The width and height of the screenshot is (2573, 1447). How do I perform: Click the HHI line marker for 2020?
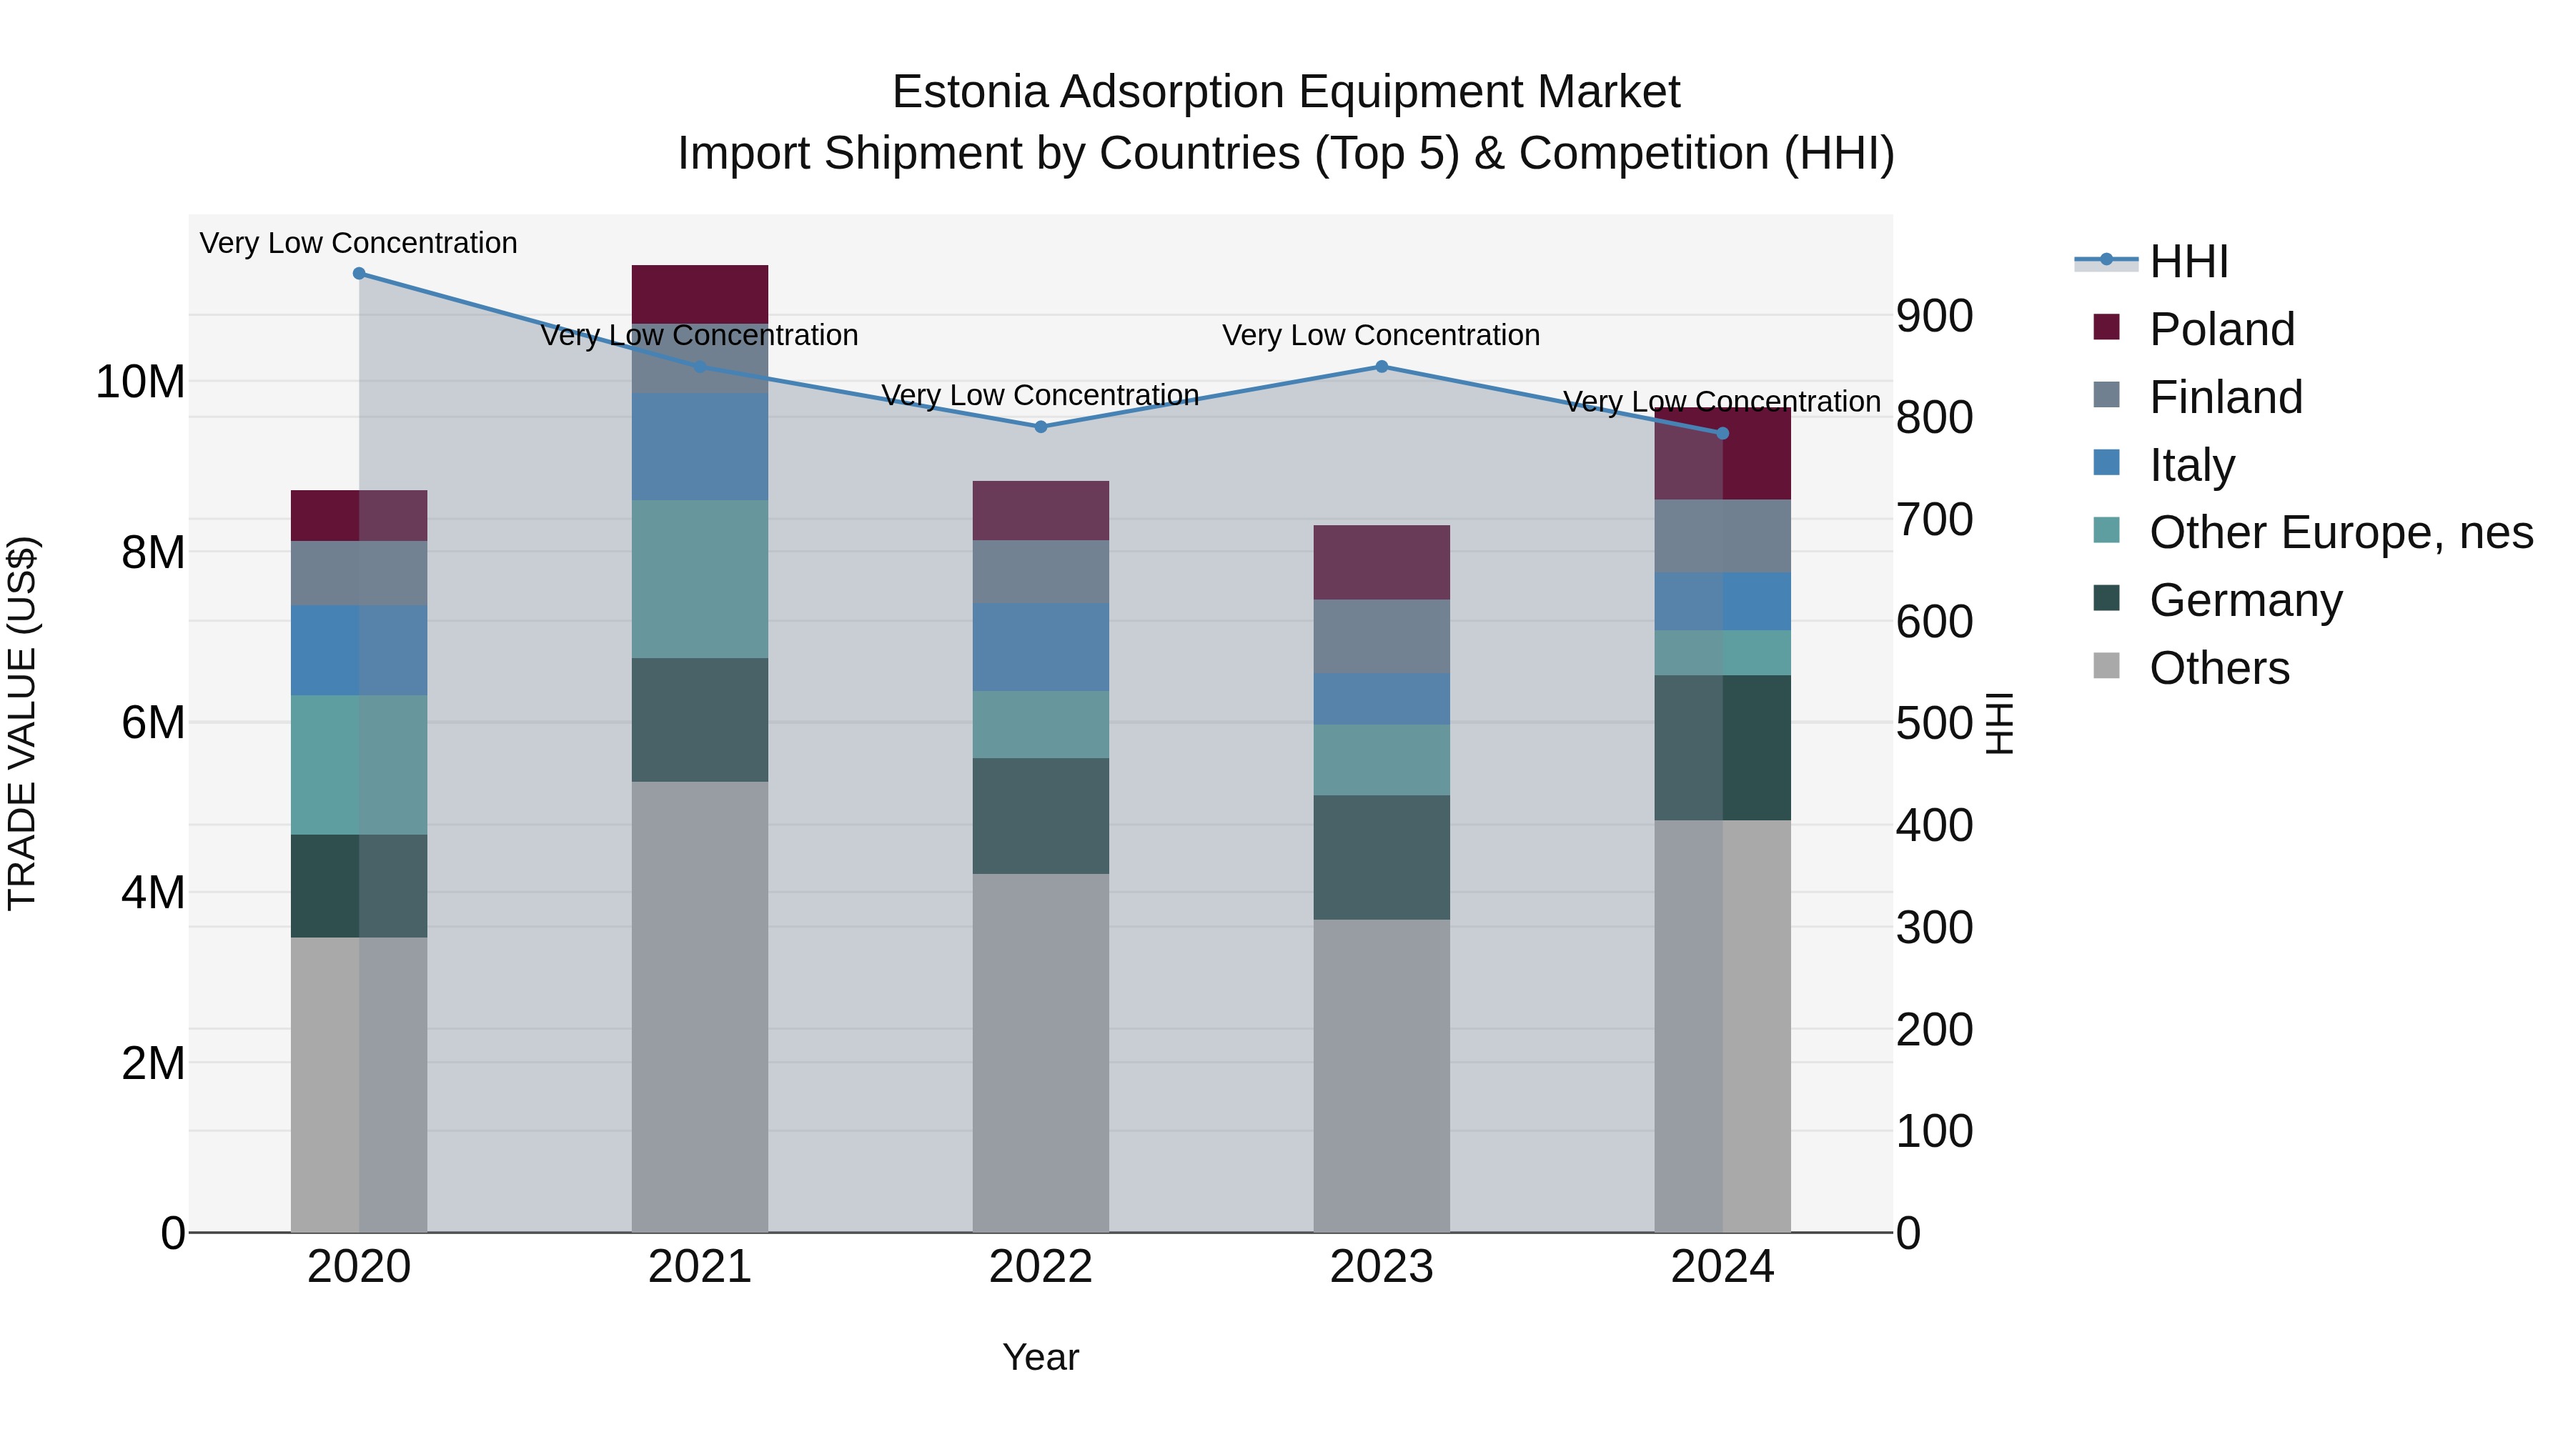tap(359, 274)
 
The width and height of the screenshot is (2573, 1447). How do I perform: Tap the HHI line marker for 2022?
tap(1041, 427)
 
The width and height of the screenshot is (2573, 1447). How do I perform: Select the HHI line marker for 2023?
tap(1382, 367)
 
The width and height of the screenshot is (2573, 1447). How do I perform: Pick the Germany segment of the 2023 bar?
tap(1382, 857)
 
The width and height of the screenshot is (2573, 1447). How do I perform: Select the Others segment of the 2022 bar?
tap(1041, 1053)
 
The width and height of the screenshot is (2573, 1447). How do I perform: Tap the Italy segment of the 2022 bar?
tap(1041, 647)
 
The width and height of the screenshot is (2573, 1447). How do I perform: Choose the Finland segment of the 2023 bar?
tap(1382, 636)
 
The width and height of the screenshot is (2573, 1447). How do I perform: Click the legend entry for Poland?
tap(2221, 329)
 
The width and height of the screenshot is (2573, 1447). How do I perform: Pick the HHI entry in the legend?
tap(2188, 262)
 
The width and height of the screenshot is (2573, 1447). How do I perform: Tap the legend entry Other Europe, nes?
tap(2340, 532)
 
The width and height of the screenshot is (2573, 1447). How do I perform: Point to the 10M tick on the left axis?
tap(140, 382)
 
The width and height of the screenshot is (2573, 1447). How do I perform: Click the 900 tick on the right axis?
tap(1934, 316)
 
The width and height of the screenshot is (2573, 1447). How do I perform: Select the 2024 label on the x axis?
tap(1722, 1267)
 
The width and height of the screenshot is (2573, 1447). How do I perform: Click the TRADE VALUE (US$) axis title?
tap(22, 723)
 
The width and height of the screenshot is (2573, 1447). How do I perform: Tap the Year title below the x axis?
tap(1041, 1357)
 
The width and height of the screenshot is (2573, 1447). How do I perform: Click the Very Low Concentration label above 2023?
tap(1382, 336)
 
